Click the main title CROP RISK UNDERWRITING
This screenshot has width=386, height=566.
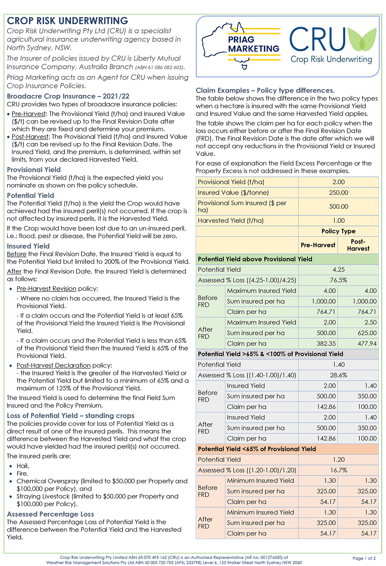tap(68, 21)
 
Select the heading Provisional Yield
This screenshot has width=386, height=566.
tap(34, 170)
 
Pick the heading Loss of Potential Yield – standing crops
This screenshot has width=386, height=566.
tap(71, 416)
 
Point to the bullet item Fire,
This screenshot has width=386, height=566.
tap(23, 474)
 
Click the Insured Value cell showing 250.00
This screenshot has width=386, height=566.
tap(338, 193)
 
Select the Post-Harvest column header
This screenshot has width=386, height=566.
tap(358, 245)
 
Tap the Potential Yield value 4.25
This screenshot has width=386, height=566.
tap(338, 270)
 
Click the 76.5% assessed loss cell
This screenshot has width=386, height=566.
tap(338, 280)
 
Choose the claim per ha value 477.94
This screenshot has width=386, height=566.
tap(367, 344)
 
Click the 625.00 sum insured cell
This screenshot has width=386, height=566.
tap(367, 333)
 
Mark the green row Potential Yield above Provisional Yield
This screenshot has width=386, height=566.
tap(255, 259)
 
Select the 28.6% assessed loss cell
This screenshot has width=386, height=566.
tap(338, 375)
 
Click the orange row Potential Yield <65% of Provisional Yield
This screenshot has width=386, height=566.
tap(257, 449)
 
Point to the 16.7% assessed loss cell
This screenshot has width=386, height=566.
tap(338, 470)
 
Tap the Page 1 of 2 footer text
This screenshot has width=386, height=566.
tap(364, 558)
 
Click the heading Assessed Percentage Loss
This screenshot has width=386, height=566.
tap(50, 514)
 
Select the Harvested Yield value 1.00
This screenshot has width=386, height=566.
tap(338, 221)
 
